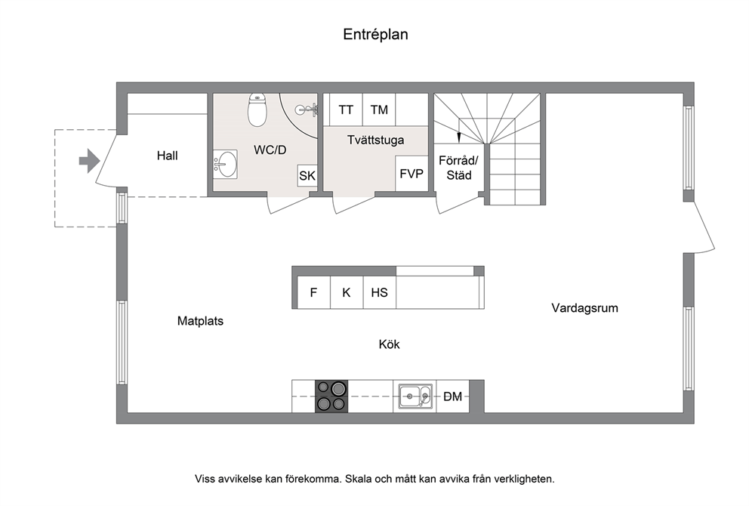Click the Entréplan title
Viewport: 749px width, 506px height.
[x=375, y=35]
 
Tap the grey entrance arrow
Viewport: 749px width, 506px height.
[x=89, y=161]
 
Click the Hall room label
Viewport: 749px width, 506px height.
[x=167, y=156]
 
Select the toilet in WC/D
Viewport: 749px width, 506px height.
[x=257, y=110]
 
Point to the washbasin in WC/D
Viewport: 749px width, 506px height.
[x=225, y=165]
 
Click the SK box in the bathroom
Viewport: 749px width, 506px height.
[x=307, y=176]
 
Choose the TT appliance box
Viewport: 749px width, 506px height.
[x=346, y=110]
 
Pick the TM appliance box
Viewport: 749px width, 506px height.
[x=379, y=110]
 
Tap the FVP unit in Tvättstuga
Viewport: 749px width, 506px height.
[x=411, y=174]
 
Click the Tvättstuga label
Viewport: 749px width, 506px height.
[x=375, y=140]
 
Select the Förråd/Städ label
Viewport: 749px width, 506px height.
[x=458, y=168]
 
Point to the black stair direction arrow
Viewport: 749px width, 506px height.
[x=458, y=137]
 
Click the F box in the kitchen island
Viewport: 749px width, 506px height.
[x=313, y=292]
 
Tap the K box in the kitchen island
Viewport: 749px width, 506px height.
[x=347, y=292]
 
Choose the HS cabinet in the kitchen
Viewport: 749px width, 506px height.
[x=379, y=292]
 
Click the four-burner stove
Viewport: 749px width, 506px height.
[x=331, y=396]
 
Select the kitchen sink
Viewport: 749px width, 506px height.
[x=415, y=396]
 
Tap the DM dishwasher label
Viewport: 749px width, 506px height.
[x=453, y=396]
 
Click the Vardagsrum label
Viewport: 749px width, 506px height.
[x=584, y=307]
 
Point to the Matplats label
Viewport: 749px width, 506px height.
[x=200, y=321]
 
